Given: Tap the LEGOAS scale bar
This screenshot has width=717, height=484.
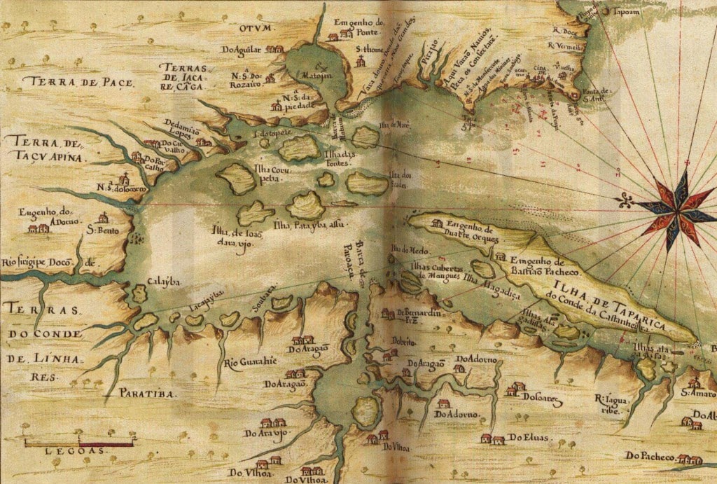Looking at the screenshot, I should click(78, 443).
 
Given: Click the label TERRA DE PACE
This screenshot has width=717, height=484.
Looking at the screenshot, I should click(77, 83).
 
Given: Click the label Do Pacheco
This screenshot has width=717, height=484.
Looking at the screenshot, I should click(650, 456).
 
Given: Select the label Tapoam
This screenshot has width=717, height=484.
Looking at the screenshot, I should click(626, 13).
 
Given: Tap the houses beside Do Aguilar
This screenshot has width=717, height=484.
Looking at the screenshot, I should click(274, 50).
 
